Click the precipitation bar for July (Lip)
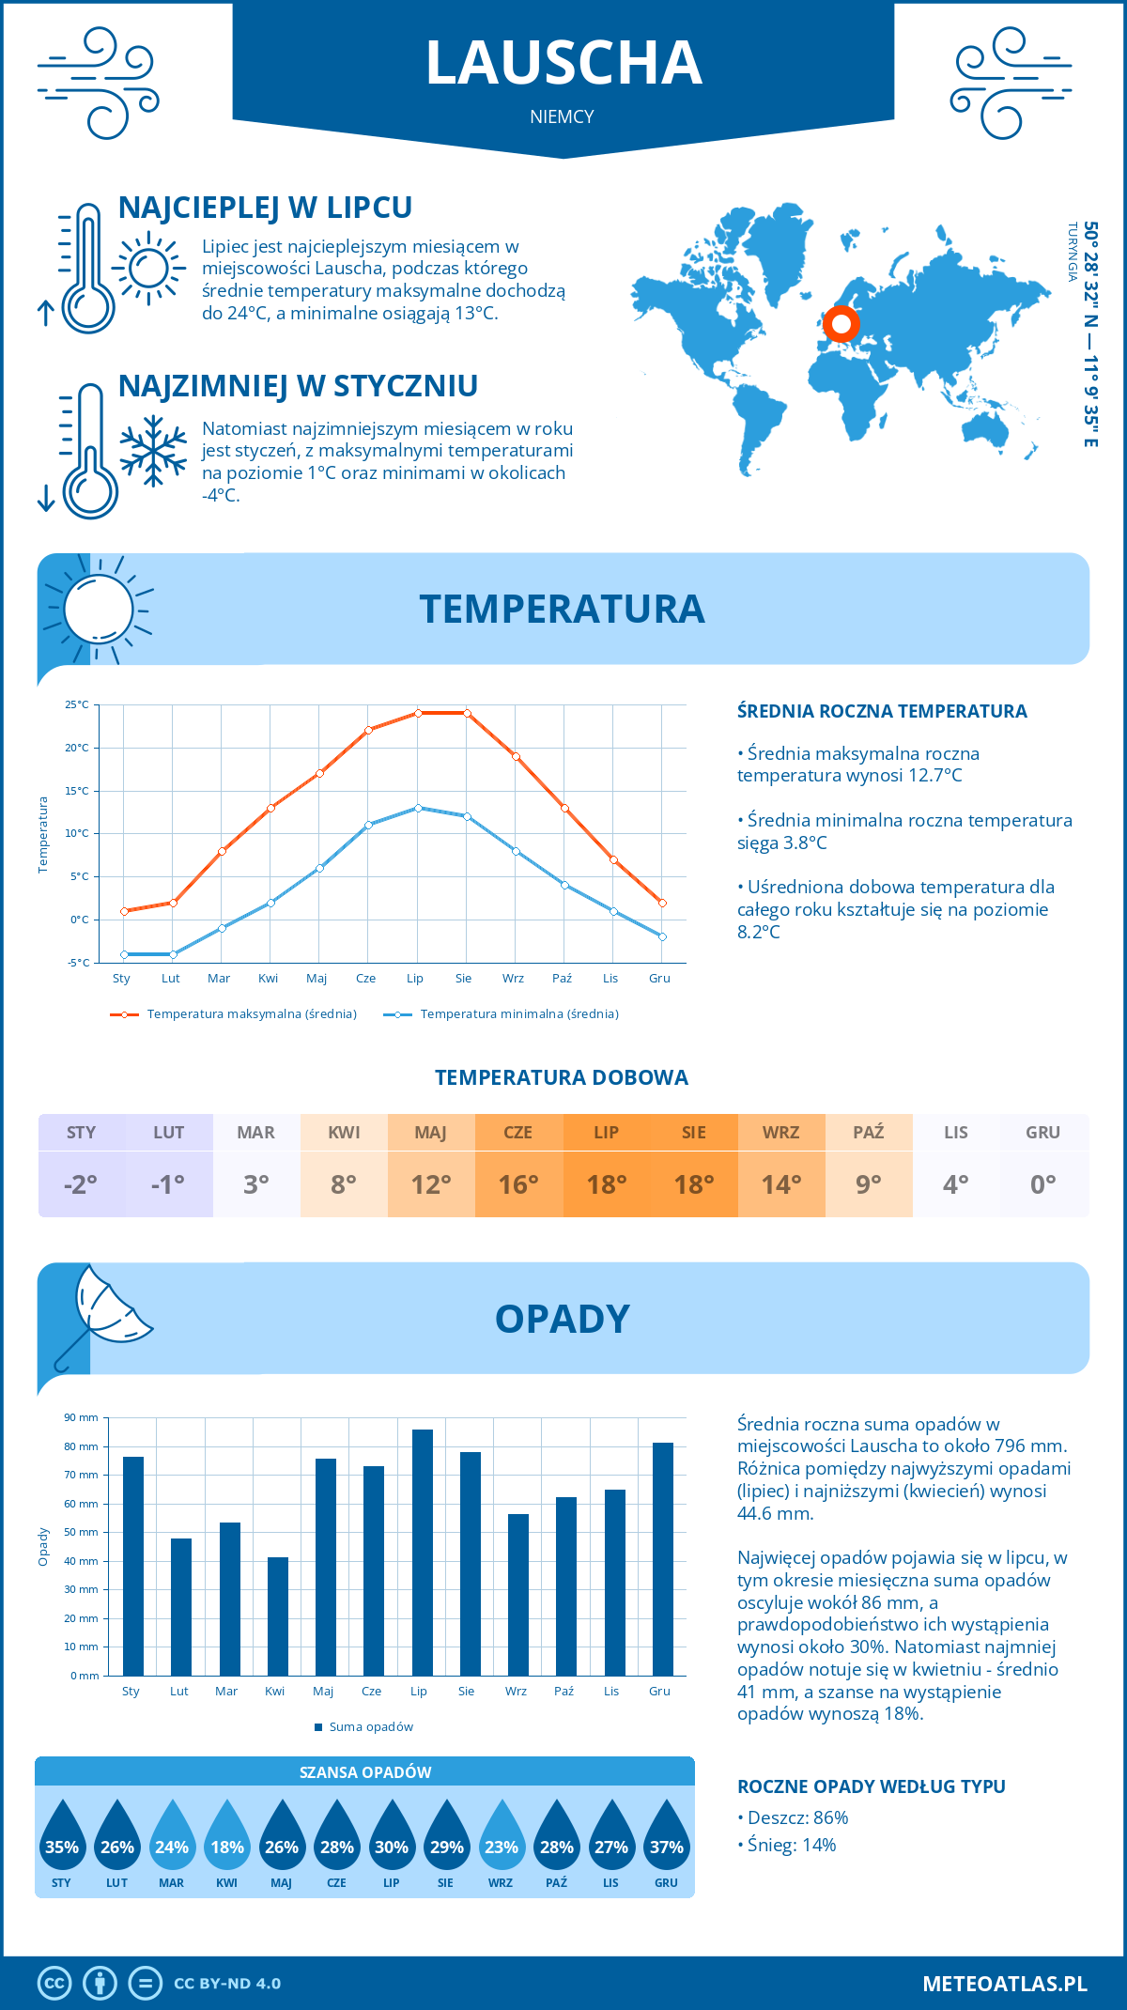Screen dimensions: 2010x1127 [x=422, y=1553]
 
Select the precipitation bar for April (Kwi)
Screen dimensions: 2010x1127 [x=278, y=1616]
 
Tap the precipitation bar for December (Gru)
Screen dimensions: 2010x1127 [x=663, y=1559]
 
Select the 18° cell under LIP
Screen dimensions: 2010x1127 [x=607, y=1184]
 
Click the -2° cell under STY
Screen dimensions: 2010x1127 [x=81, y=1184]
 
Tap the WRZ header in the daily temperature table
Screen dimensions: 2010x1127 [x=781, y=1133]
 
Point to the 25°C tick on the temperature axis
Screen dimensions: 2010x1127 [x=77, y=704]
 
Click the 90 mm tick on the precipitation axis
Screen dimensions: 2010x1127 [x=82, y=1417]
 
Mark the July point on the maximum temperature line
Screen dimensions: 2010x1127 [x=418, y=713]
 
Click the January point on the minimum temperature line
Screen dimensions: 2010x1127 [x=124, y=954]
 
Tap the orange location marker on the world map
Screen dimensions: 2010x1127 [x=841, y=324]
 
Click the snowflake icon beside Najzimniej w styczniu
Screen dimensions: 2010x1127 [x=153, y=451]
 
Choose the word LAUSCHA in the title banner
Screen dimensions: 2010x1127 [x=563, y=64]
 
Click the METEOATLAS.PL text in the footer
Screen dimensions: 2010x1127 [x=1004, y=1984]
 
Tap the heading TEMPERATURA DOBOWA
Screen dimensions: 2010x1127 [x=562, y=1078]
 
